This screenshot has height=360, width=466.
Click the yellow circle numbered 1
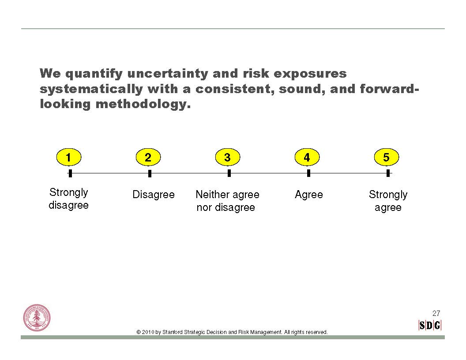pyautogui.click(x=69, y=157)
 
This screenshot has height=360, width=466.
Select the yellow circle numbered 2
pyautogui.click(x=148, y=157)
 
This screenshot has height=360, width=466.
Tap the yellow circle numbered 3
pyautogui.click(x=228, y=157)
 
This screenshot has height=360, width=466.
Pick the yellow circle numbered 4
pyautogui.click(x=307, y=157)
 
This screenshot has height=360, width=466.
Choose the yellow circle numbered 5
pyautogui.click(x=387, y=157)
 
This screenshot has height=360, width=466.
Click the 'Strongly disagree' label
pyautogui.click(x=69, y=199)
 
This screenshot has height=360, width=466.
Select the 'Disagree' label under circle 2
pyautogui.click(x=154, y=195)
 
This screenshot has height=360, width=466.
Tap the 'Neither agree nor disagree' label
pyautogui.click(x=227, y=201)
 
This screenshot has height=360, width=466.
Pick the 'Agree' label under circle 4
pyautogui.click(x=309, y=195)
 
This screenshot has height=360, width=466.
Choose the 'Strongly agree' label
pyautogui.click(x=388, y=201)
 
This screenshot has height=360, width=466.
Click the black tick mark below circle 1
pyautogui.click(x=70, y=173)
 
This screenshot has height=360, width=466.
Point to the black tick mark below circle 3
pyautogui.click(x=229, y=173)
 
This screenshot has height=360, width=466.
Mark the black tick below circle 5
pyautogui.click(x=388, y=173)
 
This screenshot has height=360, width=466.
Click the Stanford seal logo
pyautogui.click(x=37, y=318)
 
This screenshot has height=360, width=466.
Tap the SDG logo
pyautogui.click(x=430, y=325)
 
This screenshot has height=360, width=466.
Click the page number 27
pyautogui.click(x=436, y=313)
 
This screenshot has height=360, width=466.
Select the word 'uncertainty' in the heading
pyautogui.click(x=168, y=74)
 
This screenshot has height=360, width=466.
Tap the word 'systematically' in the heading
pyautogui.click(x=91, y=89)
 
